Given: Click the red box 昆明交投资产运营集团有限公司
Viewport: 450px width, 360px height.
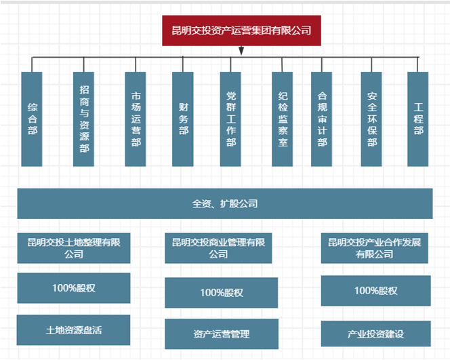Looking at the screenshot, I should [x=241, y=31].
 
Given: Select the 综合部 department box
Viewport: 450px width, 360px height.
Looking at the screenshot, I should [x=32, y=119].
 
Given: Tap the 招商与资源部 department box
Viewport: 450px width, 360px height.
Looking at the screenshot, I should [x=84, y=119].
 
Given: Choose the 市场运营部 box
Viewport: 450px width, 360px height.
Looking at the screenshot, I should [x=136, y=119].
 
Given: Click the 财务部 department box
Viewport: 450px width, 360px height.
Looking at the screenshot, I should [x=183, y=119].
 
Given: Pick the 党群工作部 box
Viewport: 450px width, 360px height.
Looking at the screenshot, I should [x=231, y=119].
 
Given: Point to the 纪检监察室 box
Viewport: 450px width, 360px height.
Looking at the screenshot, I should [x=283, y=119].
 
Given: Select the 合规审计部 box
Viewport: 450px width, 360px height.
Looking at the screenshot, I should [x=322, y=119].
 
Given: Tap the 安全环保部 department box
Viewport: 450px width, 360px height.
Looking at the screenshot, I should [x=371, y=119].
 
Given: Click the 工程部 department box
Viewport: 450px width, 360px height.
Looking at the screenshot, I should [x=418, y=119].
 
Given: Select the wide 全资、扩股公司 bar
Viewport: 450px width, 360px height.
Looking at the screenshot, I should [x=224, y=203].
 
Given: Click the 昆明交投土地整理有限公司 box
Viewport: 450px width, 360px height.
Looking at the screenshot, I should [x=73, y=248].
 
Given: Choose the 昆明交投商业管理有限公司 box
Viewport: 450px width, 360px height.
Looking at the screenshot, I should [x=218, y=248].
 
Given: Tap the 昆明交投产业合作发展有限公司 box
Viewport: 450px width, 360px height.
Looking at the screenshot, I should [x=375, y=248].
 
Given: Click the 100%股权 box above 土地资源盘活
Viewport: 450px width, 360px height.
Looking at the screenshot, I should [x=73, y=288].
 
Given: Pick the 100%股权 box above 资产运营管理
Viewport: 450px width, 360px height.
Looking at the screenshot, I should [x=221, y=293].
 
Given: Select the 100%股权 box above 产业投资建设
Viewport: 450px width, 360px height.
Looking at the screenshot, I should [x=375, y=291].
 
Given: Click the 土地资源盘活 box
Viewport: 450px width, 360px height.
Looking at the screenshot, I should [x=73, y=330].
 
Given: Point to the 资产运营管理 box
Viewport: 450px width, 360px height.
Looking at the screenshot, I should [x=221, y=334].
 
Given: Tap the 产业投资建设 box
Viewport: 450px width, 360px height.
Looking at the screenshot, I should [x=375, y=334].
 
